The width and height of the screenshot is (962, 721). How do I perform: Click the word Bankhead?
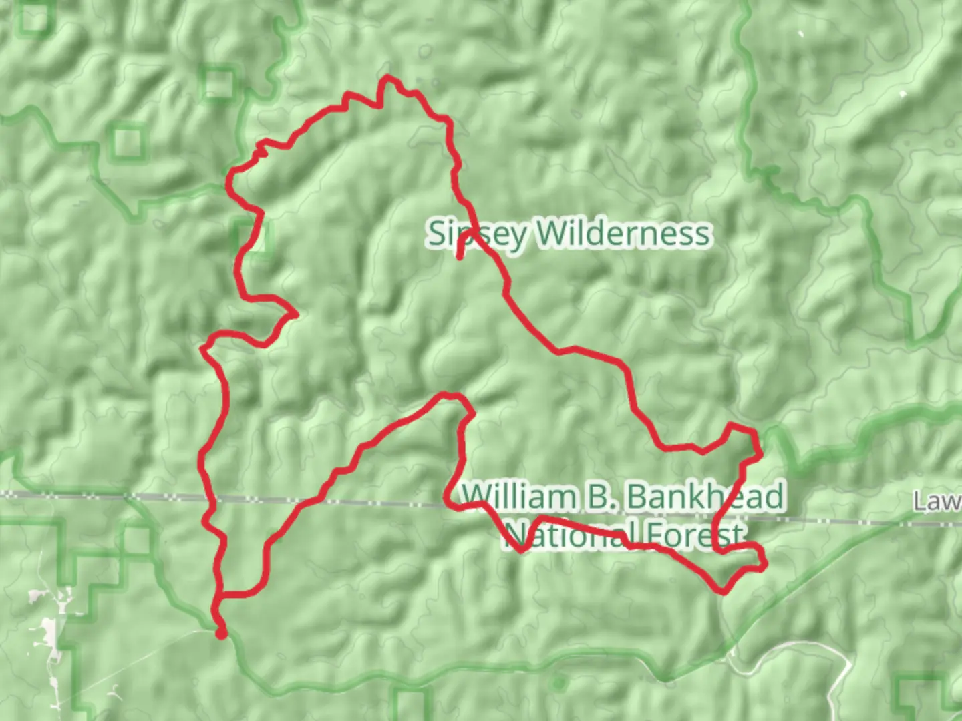click(705, 498)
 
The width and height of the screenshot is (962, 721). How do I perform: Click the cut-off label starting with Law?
click(938, 502)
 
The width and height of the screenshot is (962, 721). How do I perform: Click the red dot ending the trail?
click(221, 634)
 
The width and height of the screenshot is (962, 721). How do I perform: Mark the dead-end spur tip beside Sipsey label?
click(460, 256)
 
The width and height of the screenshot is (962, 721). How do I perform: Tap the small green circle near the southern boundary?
click(558, 683)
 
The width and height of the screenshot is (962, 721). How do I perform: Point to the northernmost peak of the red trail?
click(387, 79)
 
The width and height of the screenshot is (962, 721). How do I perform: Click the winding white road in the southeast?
click(788, 646)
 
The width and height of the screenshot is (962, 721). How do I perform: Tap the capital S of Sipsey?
click(436, 234)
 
